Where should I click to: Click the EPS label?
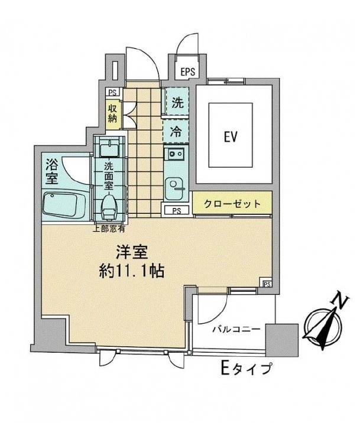coord(188,73)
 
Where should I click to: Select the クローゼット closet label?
coord(232,204)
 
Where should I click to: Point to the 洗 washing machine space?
coord(177,101)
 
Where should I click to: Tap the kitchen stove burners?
coord(176,155)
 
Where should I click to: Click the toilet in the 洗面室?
coord(109,206)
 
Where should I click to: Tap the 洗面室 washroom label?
coord(109,175)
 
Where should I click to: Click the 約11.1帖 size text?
coord(132,272)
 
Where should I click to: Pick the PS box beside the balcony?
coord(267,283)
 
